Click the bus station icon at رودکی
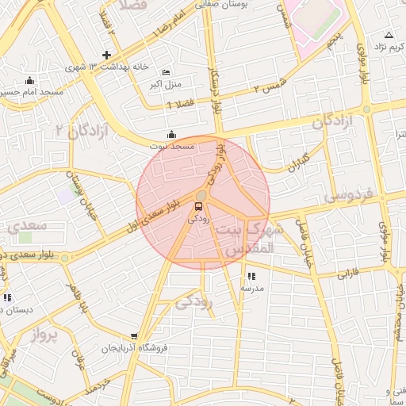click(x=198, y=207)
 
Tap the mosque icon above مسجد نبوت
click(x=172, y=134)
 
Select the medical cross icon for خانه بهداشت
click(x=106, y=55)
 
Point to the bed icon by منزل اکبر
click(x=166, y=72)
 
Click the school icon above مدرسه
click(x=251, y=276)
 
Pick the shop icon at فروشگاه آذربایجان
click(x=134, y=336)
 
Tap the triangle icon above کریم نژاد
click(x=389, y=35)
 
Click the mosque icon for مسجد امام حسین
click(x=29, y=80)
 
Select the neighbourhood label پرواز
click(x=45, y=335)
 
